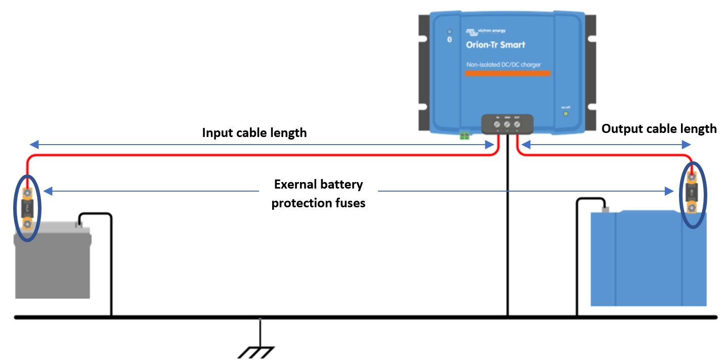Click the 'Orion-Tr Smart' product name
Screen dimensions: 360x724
coord(495,44)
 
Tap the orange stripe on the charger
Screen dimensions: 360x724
coord(507,74)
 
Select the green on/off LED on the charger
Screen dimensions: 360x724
coord(566,113)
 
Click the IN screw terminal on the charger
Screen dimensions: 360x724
coord(496,124)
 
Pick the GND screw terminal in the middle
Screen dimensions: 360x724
coord(507,124)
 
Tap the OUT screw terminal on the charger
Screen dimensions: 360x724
coord(518,124)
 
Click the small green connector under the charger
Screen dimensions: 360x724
coord(464,135)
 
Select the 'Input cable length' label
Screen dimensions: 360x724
coord(254,132)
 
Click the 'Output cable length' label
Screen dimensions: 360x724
coord(659,128)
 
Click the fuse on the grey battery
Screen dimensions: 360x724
coord(27,208)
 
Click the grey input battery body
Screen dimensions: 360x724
coord(53,265)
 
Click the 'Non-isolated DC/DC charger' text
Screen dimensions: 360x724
coord(503,65)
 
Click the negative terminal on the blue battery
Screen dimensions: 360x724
coord(604,208)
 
